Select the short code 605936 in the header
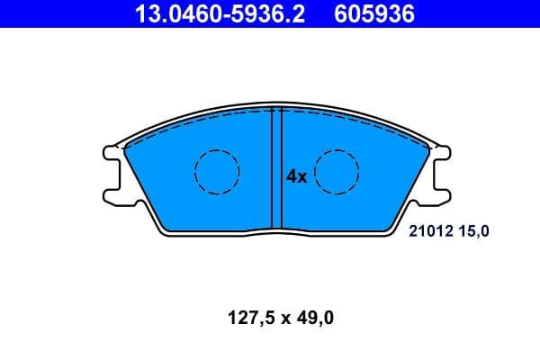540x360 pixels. [x=374, y=13]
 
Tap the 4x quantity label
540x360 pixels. [x=297, y=177]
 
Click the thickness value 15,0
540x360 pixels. [x=477, y=231]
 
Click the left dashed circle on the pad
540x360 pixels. [x=217, y=170]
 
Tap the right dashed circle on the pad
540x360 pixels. [x=337, y=170]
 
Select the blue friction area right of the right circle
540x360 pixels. [x=387, y=175]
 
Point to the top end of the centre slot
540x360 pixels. [x=277, y=111]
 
